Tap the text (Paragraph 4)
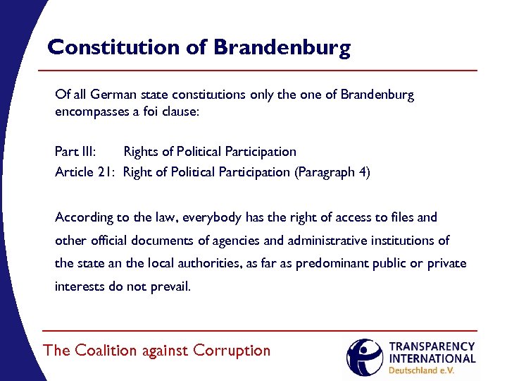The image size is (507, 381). [331, 171]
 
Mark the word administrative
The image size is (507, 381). [330, 241]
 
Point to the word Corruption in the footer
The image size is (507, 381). [232, 351]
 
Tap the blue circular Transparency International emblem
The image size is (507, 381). [364, 357]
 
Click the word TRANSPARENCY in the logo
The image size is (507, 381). [432, 347]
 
